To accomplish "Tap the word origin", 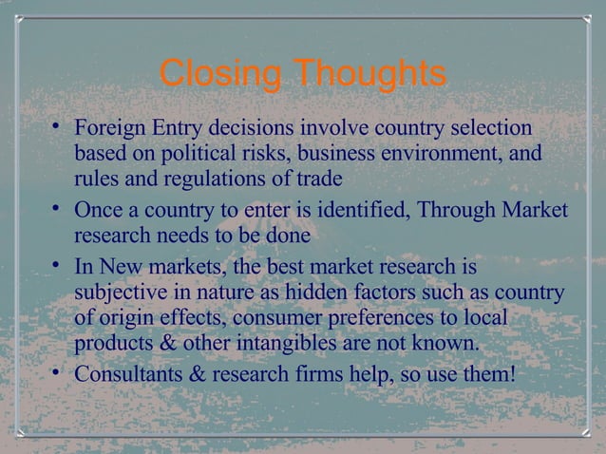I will point(129,317).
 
